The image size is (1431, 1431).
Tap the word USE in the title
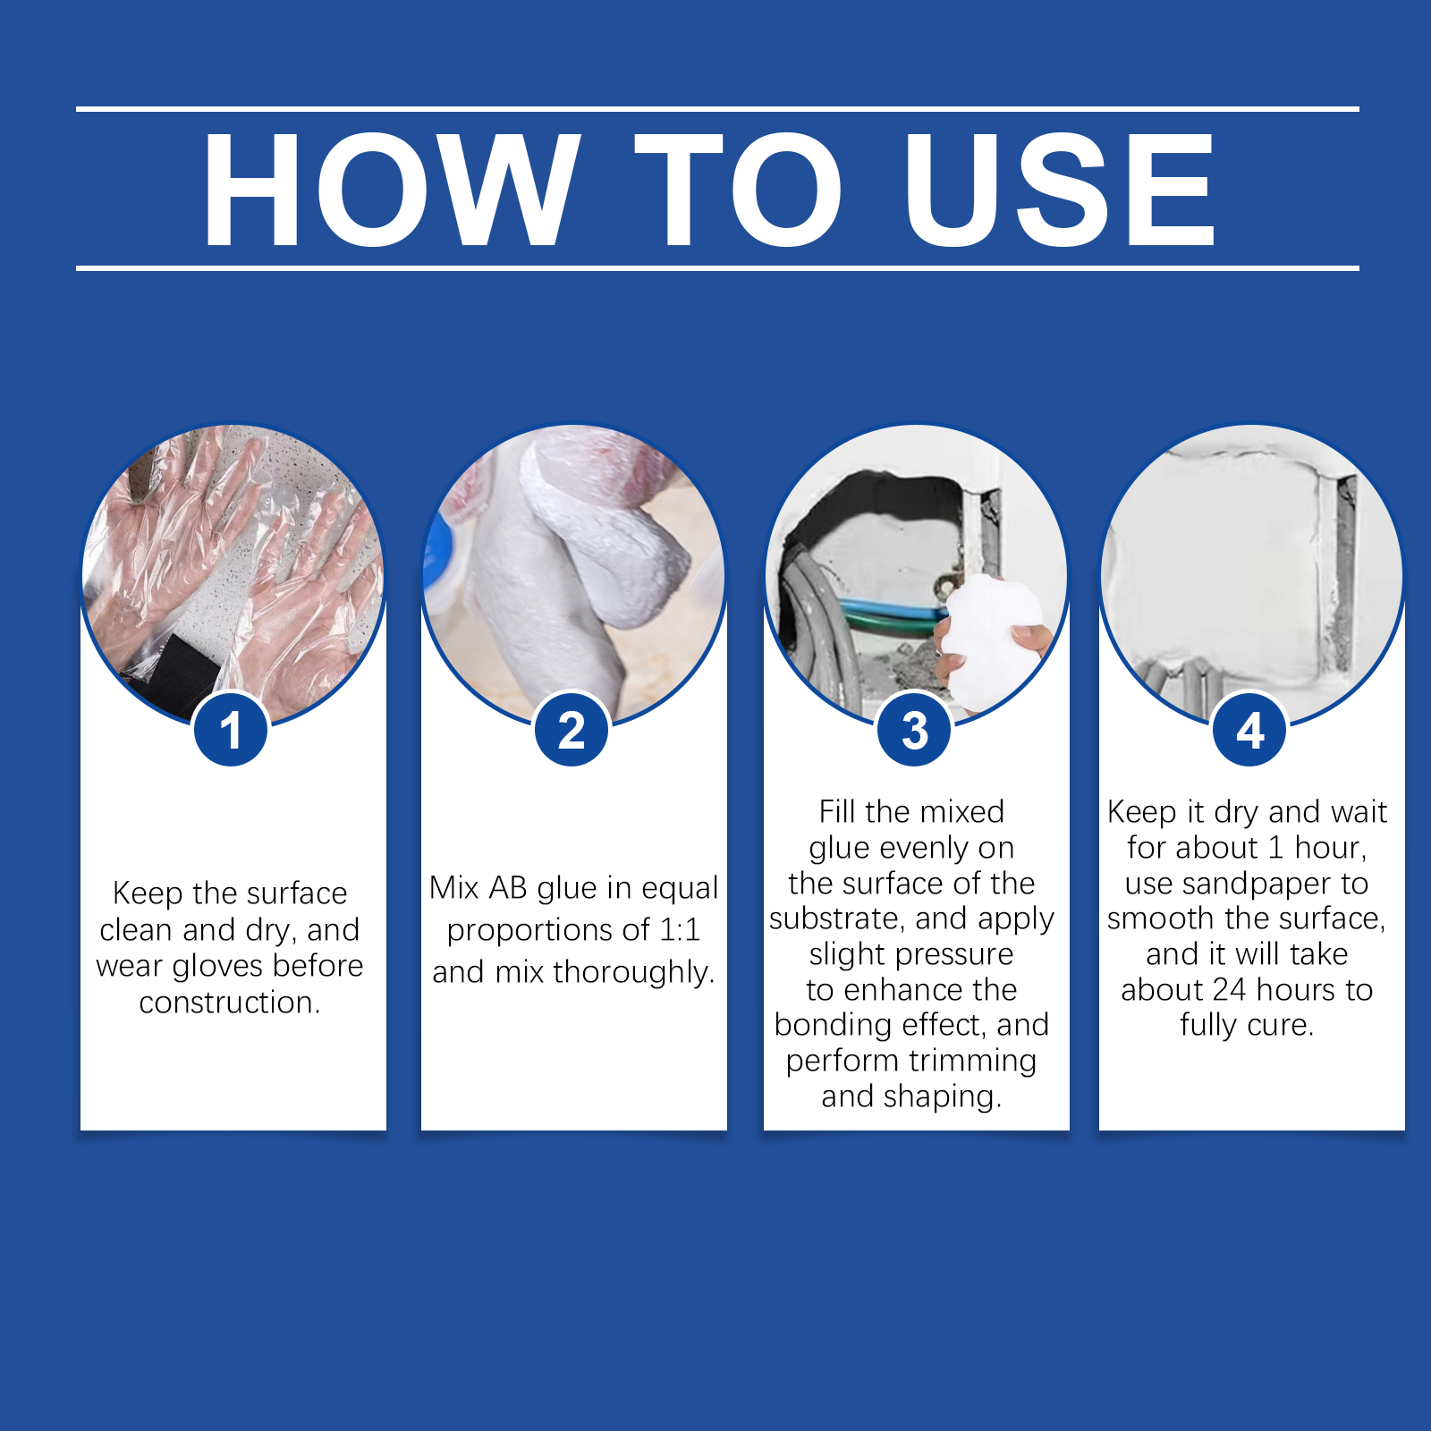tap(1060, 189)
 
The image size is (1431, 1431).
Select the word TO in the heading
tap(740, 189)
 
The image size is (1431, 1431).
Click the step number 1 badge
tap(231, 730)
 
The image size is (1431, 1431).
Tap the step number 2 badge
tap(572, 730)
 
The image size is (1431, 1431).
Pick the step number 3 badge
tap(914, 730)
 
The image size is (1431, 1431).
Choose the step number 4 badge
tap(1249, 730)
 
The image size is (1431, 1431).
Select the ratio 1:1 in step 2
tap(680, 930)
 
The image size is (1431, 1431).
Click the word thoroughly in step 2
tap(631, 972)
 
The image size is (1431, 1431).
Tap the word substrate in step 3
tap(836, 919)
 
